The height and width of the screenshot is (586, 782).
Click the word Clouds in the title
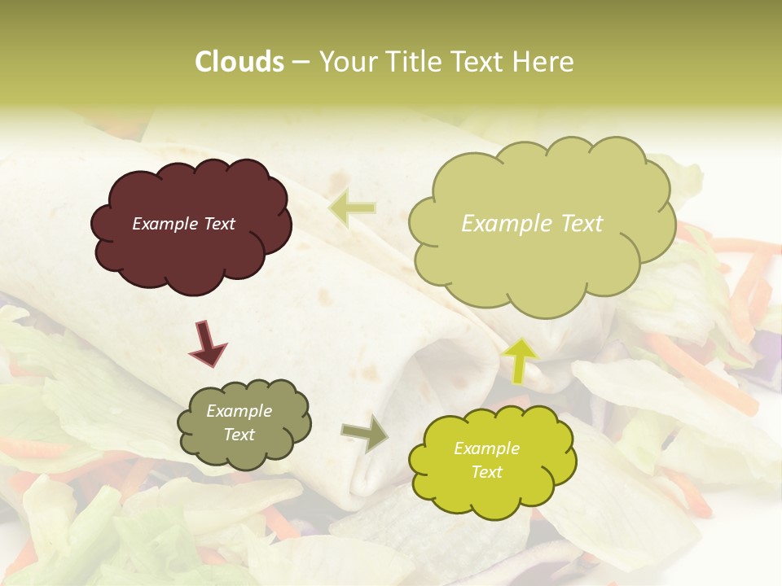tap(239, 62)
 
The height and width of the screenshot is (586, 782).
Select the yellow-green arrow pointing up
tap(521, 360)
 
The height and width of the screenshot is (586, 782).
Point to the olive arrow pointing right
tap(365, 433)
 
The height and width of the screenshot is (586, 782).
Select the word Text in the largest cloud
tap(578, 224)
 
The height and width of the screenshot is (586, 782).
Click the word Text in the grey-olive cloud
tap(239, 435)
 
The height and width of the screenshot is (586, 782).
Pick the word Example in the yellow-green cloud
tap(486, 448)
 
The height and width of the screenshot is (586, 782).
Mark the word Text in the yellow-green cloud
tap(486, 472)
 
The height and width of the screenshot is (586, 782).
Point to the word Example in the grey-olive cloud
tap(239, 411)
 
